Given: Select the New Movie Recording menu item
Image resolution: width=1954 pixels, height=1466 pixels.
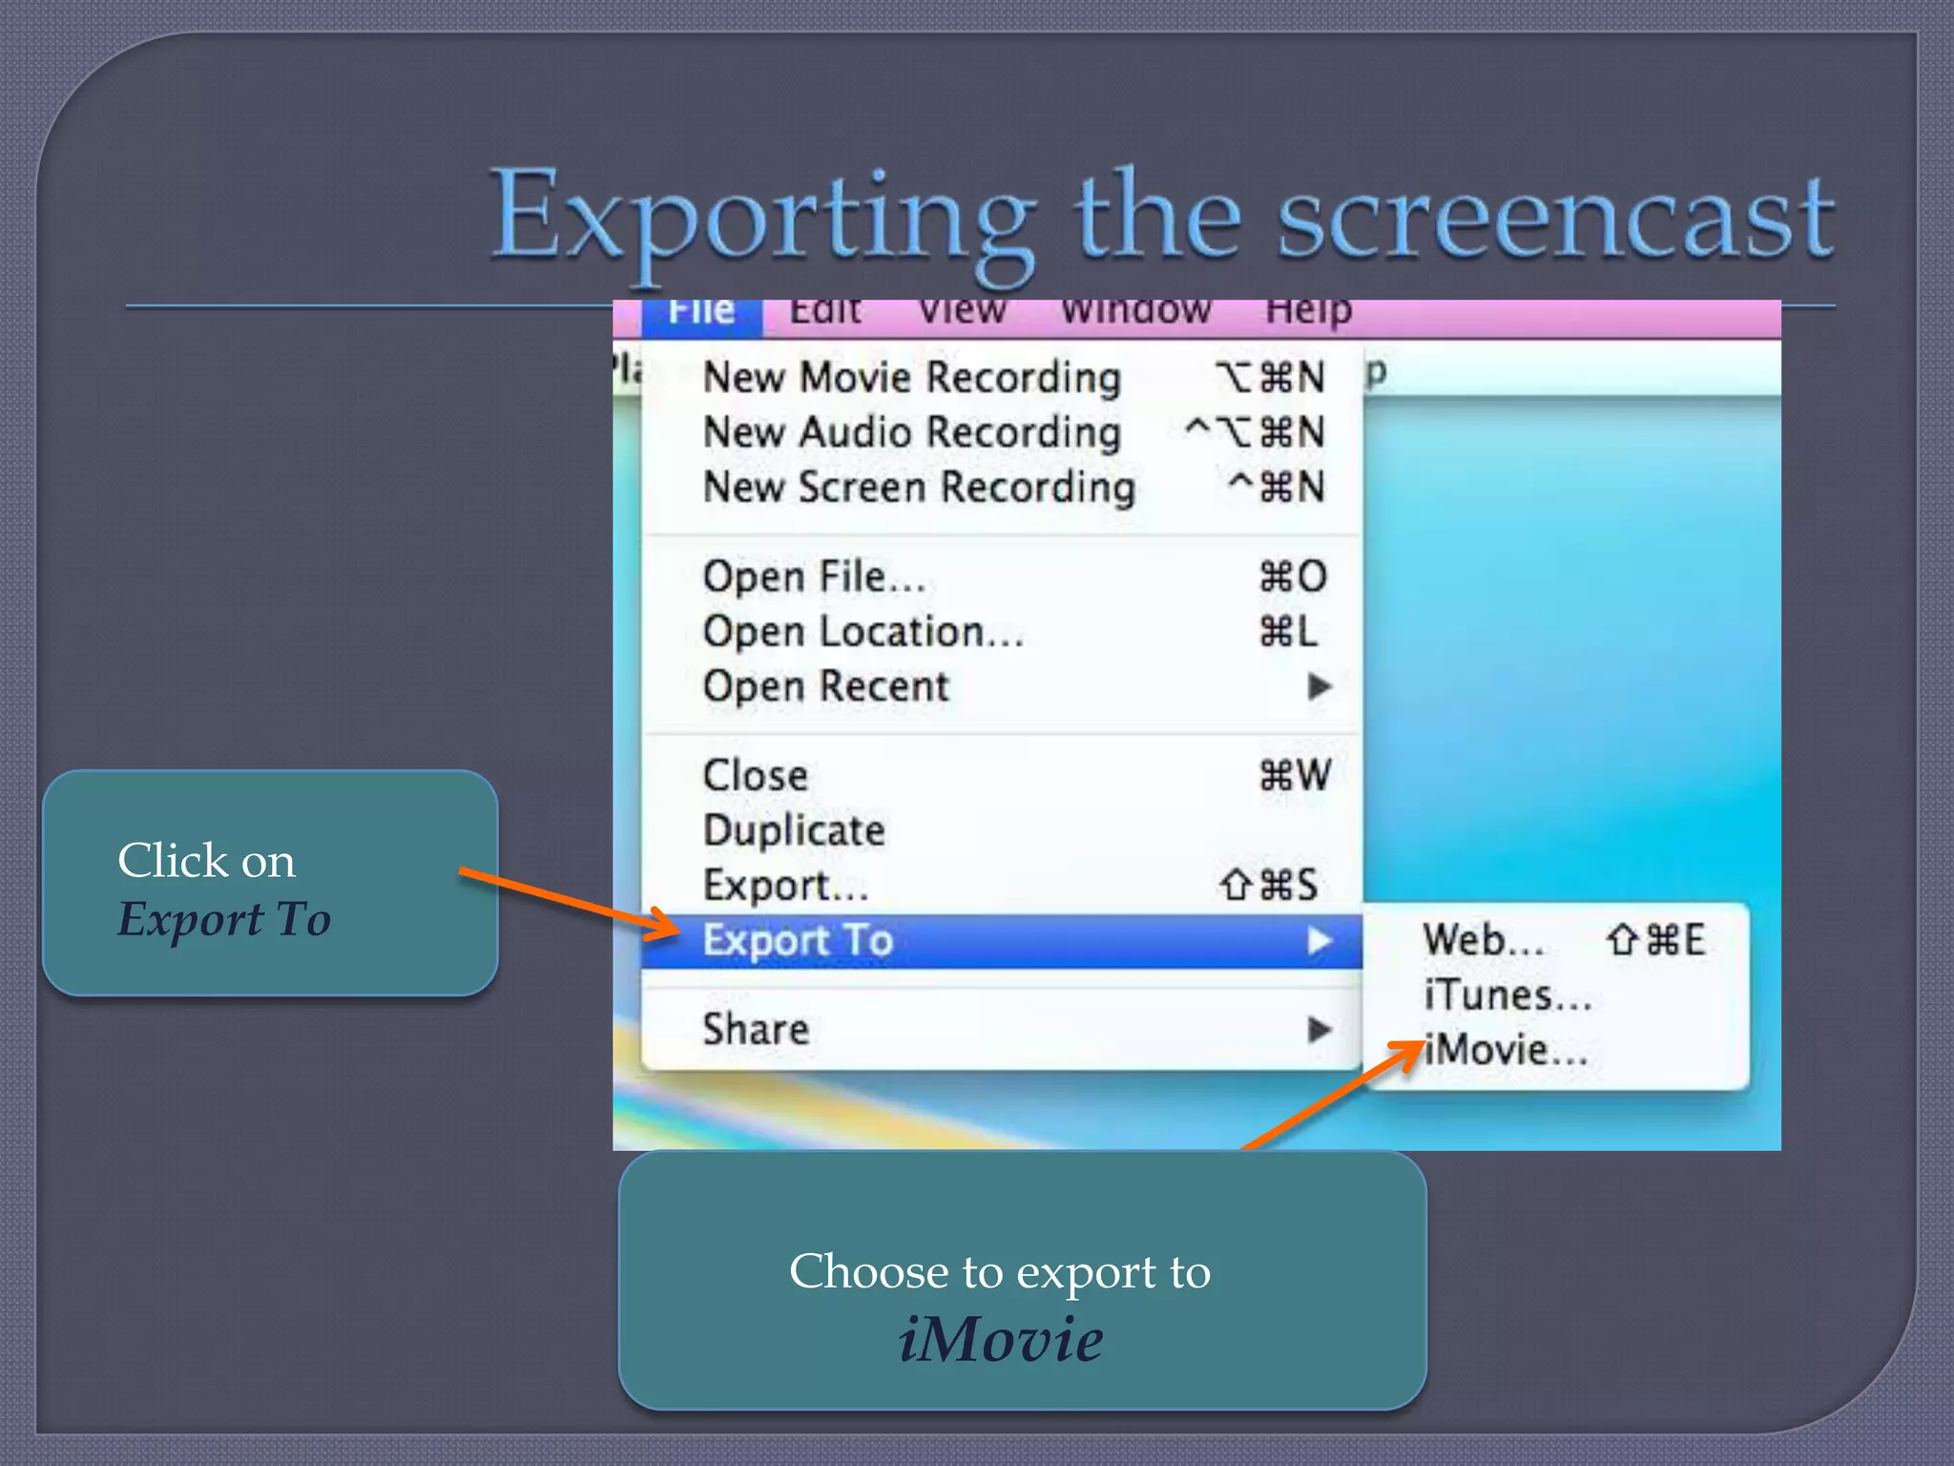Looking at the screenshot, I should tap(911, 377).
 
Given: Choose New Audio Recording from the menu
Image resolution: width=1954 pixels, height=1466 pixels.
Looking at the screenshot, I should tap(911, 432).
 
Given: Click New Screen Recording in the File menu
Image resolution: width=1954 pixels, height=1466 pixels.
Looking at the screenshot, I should tap(919, 488).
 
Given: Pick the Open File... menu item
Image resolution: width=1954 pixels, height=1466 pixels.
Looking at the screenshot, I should tap(814, 576).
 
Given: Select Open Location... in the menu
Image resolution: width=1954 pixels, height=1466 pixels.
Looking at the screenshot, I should tap(863, 632).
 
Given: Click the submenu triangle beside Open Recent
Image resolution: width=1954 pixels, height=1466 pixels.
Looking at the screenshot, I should tap(1320, 686).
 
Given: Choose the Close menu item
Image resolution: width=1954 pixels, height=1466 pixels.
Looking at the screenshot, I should tap(756, 775).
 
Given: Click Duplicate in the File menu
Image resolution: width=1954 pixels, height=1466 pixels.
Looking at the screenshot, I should tap(794, 830).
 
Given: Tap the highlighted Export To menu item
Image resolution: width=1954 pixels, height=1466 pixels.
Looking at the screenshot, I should tap(798, 941).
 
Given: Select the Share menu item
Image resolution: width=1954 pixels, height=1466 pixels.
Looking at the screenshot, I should tap(756, 1030).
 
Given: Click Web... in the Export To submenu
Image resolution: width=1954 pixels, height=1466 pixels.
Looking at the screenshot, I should tap(1484, 940).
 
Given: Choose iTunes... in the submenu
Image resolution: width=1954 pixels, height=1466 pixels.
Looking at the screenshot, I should tap(1507, 995).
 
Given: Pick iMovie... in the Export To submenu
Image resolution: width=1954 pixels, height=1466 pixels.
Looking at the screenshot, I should tap(1506, 1051).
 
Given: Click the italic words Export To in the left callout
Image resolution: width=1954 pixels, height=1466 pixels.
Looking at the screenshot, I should tap(224, 919).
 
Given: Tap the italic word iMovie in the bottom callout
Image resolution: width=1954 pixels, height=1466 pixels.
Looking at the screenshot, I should tap(1001, 1339).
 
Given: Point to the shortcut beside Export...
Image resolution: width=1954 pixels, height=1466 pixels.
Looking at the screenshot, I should tap(1269, 886).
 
